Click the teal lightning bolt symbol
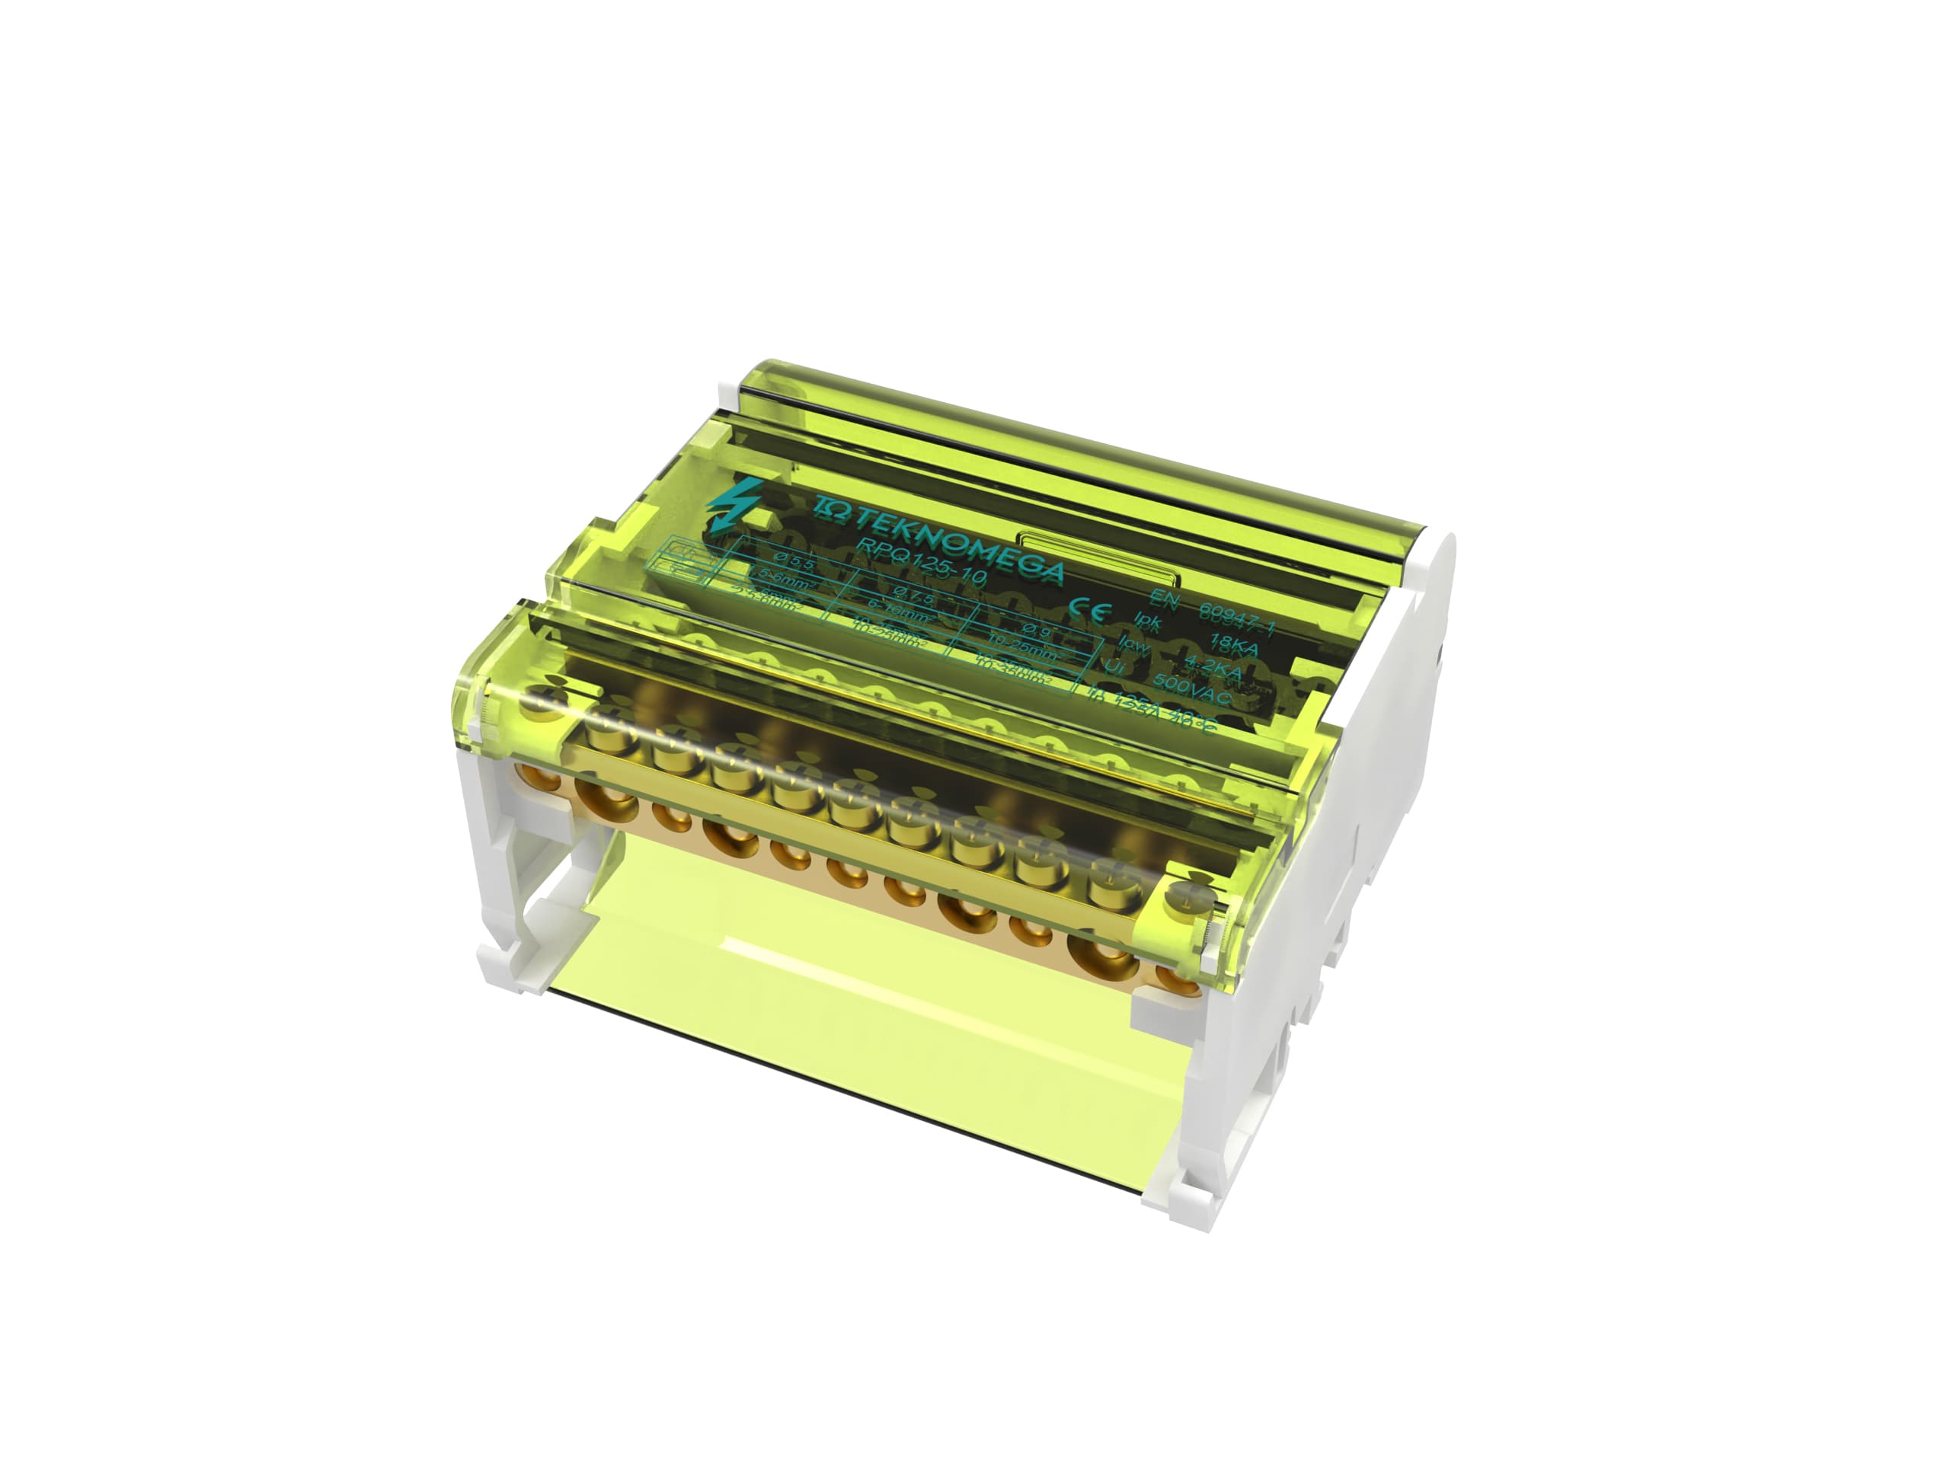point(729,506)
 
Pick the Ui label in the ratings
point(1114,669)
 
